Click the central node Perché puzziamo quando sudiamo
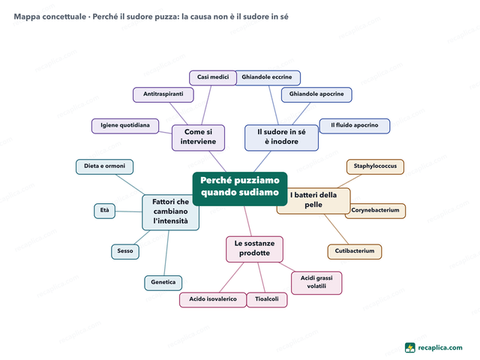coord(240,188)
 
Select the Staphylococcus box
coord(375,166)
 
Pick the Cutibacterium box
coord(355,252)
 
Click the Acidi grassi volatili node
coord(316,283)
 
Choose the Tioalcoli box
coord(267,300)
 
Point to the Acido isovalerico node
coord(213,300)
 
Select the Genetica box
coord(163,283)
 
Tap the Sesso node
coord(125,252)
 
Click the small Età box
coord(104,211)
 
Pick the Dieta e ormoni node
coord(104,166)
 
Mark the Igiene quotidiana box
coord(125,126)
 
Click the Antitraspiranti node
coord(163,94)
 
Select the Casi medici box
coord(213,78)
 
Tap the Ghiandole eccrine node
coord(268,78)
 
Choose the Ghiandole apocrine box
coord(316,94)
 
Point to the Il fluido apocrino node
coord(355,126)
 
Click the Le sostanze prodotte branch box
coord(254,249)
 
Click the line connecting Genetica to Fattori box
coord(166,253)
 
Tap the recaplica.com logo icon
coord(410,348)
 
